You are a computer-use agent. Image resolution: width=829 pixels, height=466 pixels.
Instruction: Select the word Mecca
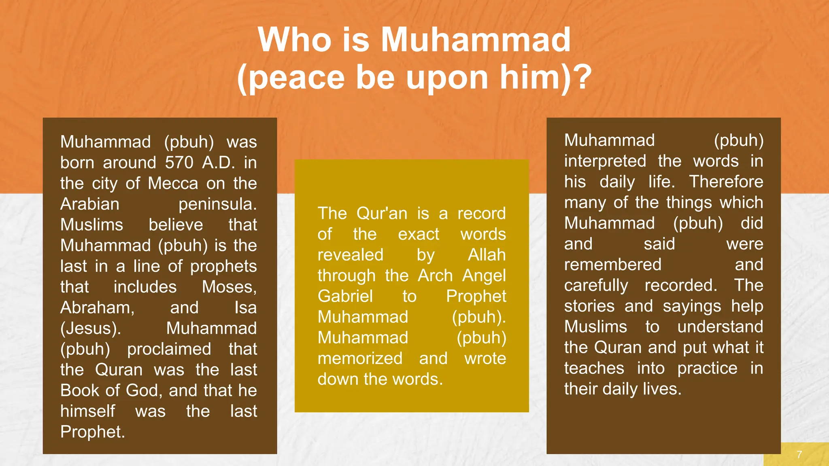click(x=173, y=183)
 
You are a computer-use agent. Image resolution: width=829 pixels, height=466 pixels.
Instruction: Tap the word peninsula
click(x=217, y=204)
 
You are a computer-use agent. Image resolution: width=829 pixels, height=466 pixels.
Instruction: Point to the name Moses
click(x=229, y=287)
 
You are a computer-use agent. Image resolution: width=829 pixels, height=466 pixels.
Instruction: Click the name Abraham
click(x=97, y=308)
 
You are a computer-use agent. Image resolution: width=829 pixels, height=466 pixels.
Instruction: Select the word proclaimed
click(x=169, y=349)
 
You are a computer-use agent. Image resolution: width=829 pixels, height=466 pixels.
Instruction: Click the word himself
click(x=88, y=411)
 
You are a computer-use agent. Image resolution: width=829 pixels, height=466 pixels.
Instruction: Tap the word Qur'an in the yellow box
click(x=382, y=213)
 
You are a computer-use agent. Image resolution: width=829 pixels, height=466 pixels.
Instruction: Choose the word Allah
click(x=487, y=255)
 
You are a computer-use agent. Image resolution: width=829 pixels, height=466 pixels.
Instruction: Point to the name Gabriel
click(x=345, y=296)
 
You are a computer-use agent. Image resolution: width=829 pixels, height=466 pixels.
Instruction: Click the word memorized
click(x=360, y=358)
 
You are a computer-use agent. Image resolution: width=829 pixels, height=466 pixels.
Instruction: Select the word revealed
click(x=350, y=255)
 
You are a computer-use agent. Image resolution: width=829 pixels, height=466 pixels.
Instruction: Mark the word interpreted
click(x=605, y=161)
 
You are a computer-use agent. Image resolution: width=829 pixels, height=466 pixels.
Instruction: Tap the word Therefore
click(x=726, y=182)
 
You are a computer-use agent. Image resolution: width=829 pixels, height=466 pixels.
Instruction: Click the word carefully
click(x=596, y=286)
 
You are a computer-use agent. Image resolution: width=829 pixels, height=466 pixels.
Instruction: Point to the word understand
click(x=720, y=327)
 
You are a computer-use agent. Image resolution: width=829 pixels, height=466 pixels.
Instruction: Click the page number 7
click(x=799, y=454)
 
